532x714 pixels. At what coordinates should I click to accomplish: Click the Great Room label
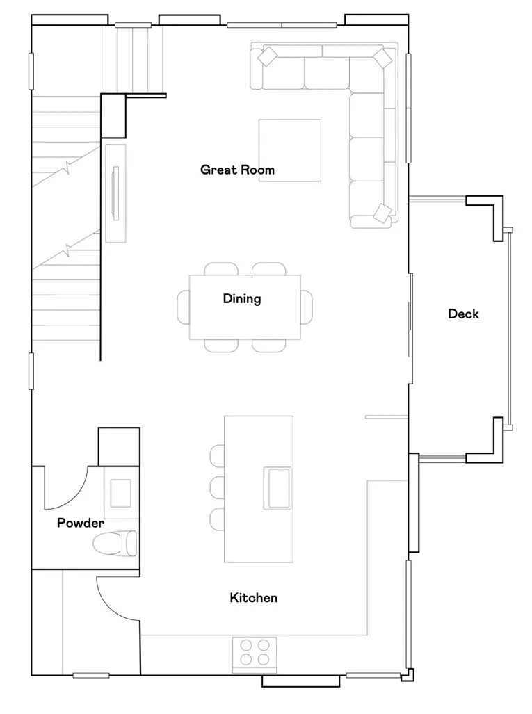click(237, 170)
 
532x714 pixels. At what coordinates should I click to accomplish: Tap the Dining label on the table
click(242, 299)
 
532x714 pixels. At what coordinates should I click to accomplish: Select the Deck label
click(463, 314)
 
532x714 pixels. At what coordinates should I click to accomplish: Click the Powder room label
click(81, 524)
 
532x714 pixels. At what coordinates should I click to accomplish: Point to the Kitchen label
click(254, 598)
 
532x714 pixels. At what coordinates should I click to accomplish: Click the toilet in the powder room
click(116, 543)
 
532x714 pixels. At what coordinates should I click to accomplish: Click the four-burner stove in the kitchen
click(255, 654)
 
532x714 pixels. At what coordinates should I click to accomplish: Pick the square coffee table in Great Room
click(290, 150)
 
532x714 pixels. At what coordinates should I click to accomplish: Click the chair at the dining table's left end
click(184, 307)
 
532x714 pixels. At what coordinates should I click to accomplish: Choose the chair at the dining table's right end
click(307, 307)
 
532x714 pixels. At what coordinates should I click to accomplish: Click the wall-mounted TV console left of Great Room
click(115, 193)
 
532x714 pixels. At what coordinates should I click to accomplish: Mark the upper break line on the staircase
click(67, 167)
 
